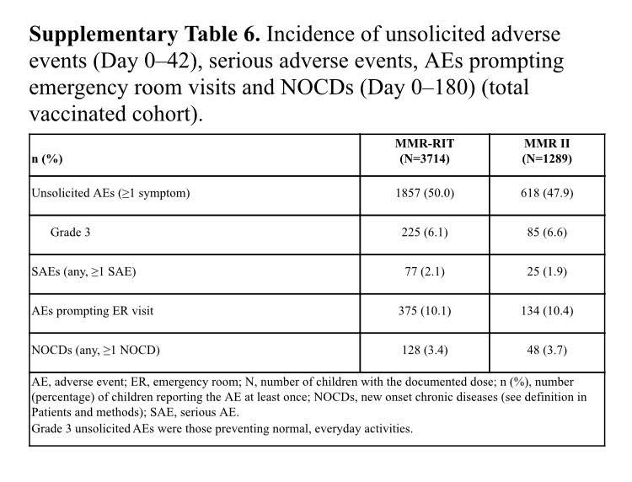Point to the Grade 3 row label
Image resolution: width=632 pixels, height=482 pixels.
[x=71, y=233]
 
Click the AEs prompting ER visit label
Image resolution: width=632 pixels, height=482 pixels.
[x=92, y=311]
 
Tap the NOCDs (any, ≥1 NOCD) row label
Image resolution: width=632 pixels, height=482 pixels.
[x=95, y=350]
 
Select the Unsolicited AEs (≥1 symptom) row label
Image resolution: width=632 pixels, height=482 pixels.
[x=110, y=193]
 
